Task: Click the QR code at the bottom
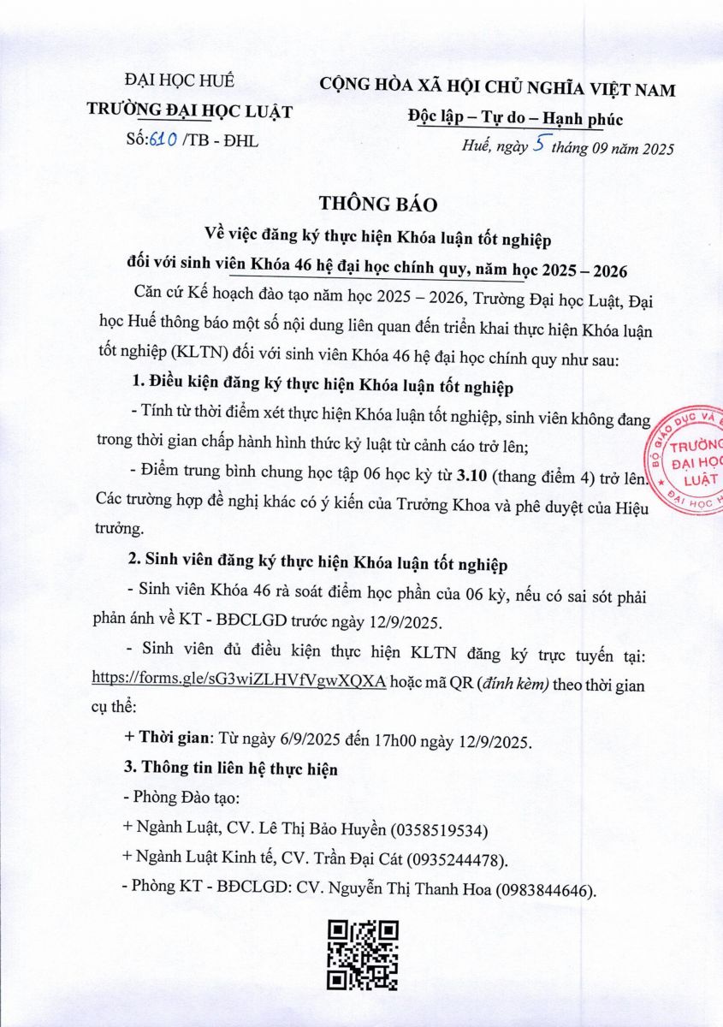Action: tap(364, 954)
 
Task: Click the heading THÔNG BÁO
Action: tap(377, 204)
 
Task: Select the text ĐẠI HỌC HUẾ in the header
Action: tap(191, 82)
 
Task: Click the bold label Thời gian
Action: tap(172, 739)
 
